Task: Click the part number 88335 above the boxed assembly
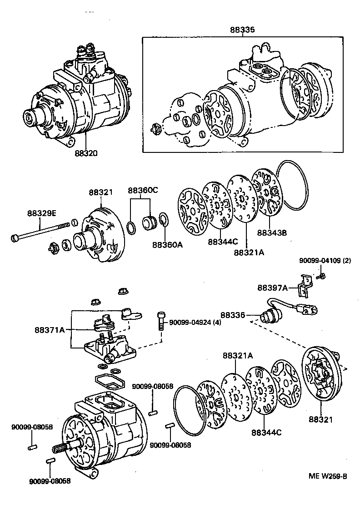pos(242,30)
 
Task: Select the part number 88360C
pos(142,190)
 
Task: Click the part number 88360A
pos(167,245)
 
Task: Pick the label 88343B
pos(272,232)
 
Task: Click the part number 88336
pos(233,315)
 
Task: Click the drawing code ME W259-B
pos(328,476)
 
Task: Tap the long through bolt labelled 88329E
pos(41,231)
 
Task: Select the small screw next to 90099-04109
pos(322,275)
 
